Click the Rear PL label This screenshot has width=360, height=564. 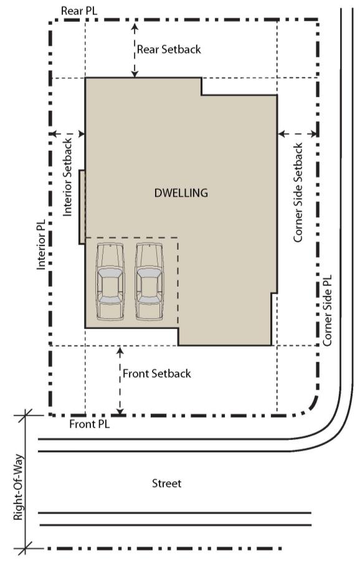78,11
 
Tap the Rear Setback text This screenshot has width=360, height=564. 169,49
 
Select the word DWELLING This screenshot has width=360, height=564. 181,193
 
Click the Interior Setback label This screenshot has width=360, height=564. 68,178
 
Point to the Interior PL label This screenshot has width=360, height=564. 41,244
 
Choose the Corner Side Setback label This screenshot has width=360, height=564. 298,193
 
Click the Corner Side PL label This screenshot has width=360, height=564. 327,311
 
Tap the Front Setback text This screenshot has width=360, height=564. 156,374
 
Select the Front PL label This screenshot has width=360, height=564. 89,424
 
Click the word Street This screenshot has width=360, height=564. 166,483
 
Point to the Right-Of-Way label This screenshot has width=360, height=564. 18,487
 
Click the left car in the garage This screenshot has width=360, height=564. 110,281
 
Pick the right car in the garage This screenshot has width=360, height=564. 149,281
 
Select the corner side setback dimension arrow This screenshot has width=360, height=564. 298,134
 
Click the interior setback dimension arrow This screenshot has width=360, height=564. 68,134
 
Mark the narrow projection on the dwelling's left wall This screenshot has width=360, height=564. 82,208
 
